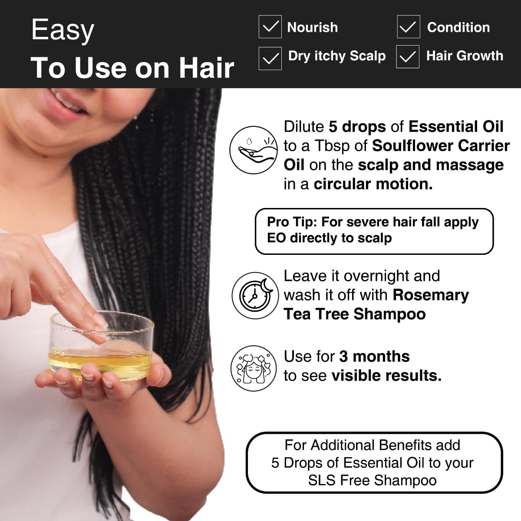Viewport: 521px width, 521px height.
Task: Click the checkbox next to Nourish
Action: coord(270,27)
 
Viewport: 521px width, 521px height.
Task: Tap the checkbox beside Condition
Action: coord(408,27)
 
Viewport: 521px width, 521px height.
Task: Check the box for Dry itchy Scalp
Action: coord(270,58)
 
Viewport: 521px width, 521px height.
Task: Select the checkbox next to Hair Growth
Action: coord(408,57)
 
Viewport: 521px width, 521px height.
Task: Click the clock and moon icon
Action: coord(254,295)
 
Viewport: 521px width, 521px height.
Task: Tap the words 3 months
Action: coord(374,356)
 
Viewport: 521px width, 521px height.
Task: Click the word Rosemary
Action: coord(430,295)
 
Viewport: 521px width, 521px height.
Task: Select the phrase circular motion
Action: coord(373,184)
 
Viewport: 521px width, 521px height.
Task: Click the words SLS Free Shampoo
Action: coord(373,481)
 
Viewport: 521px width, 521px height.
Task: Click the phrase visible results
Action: coord(386,376)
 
